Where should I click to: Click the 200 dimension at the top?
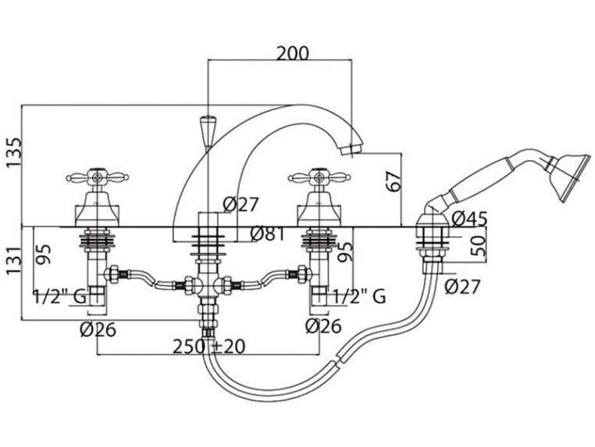[x=292, y=54]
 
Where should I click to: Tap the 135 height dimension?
[x=14, y=152]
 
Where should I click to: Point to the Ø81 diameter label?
[x=268, y=234]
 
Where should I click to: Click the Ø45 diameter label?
[x=470, y=219]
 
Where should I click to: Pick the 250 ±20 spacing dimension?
[x=209, y=346]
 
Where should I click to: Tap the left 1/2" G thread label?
[x=60, y=297]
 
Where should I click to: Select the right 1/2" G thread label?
[x=359, y=296]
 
